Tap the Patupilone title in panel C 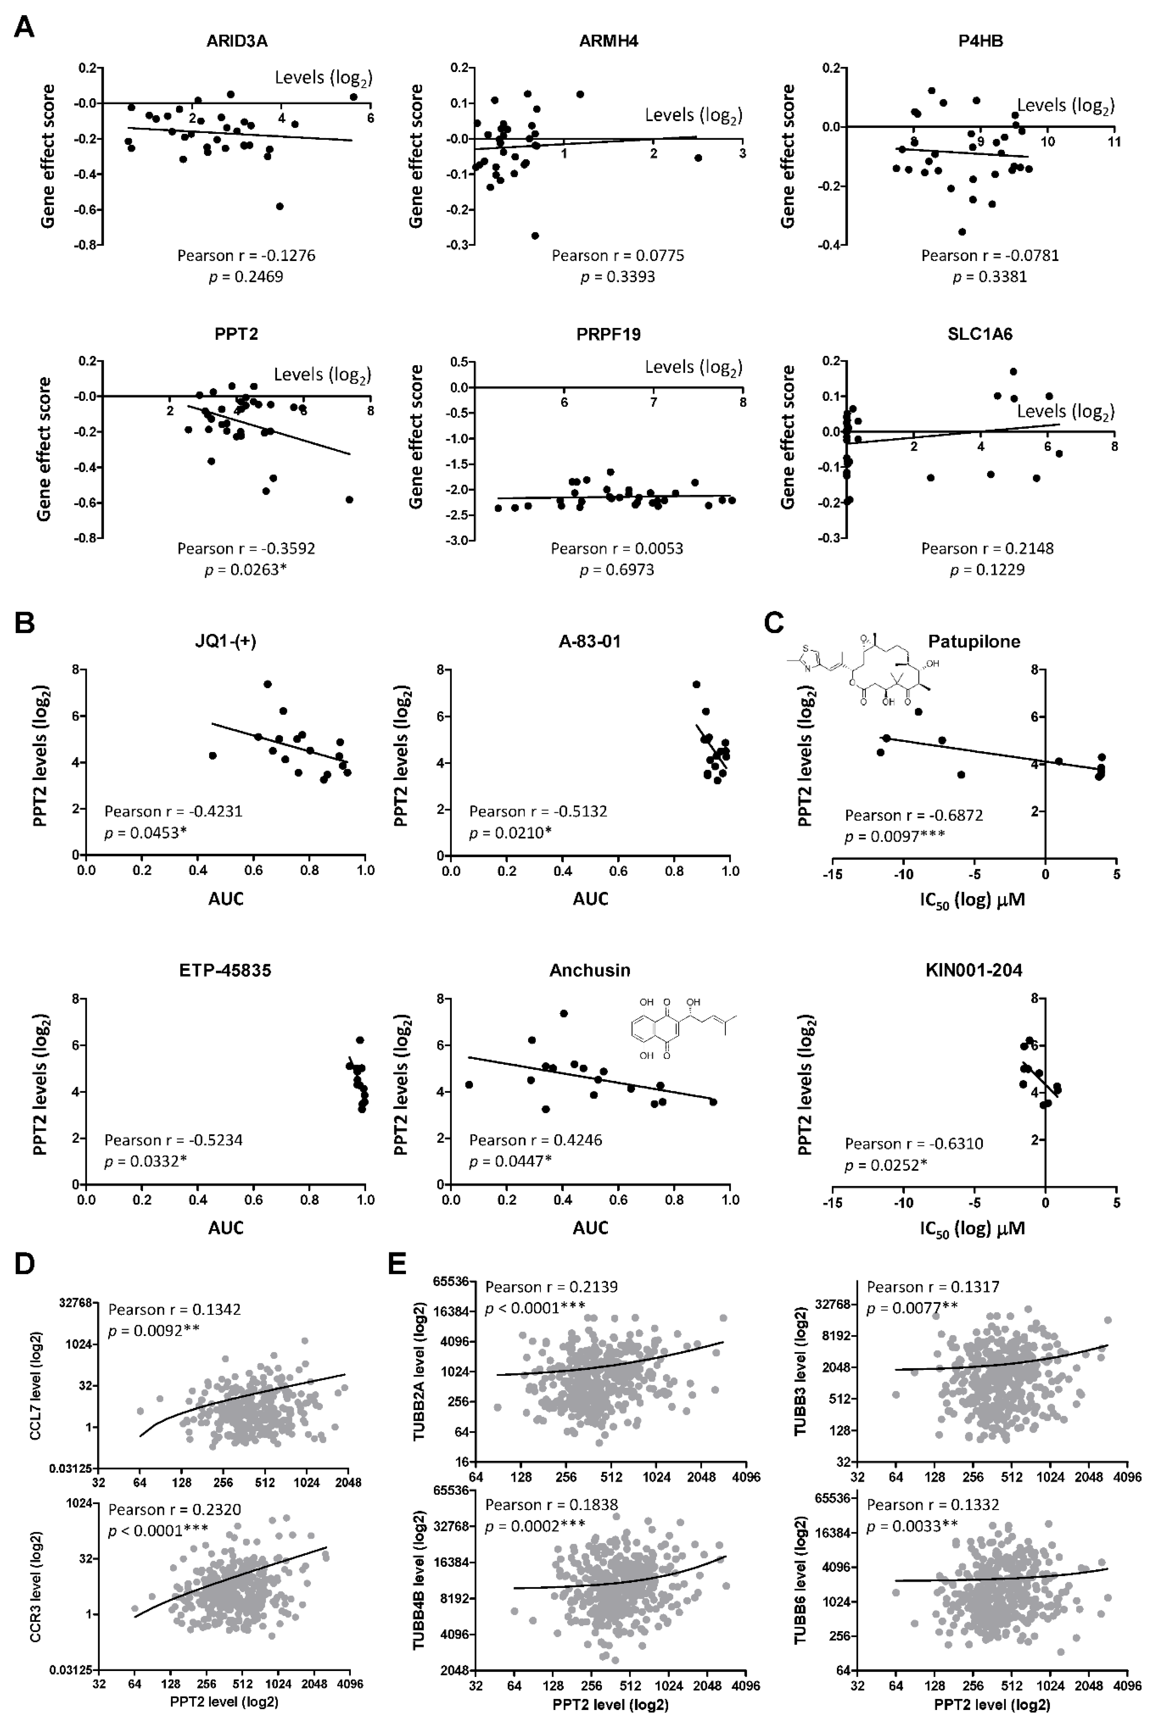974,641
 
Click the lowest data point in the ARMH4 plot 535,236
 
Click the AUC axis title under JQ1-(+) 225,899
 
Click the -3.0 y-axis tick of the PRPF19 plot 457,540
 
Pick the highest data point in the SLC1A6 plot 1013,372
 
